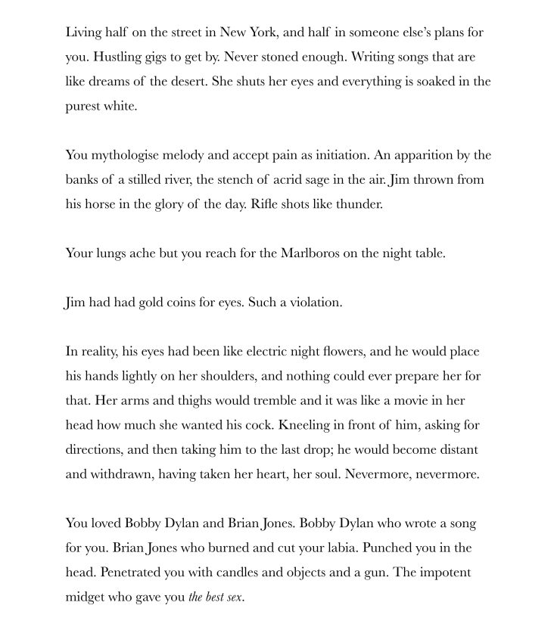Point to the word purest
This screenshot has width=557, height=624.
click(83, 106)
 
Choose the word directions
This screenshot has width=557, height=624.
click(94, 450)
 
